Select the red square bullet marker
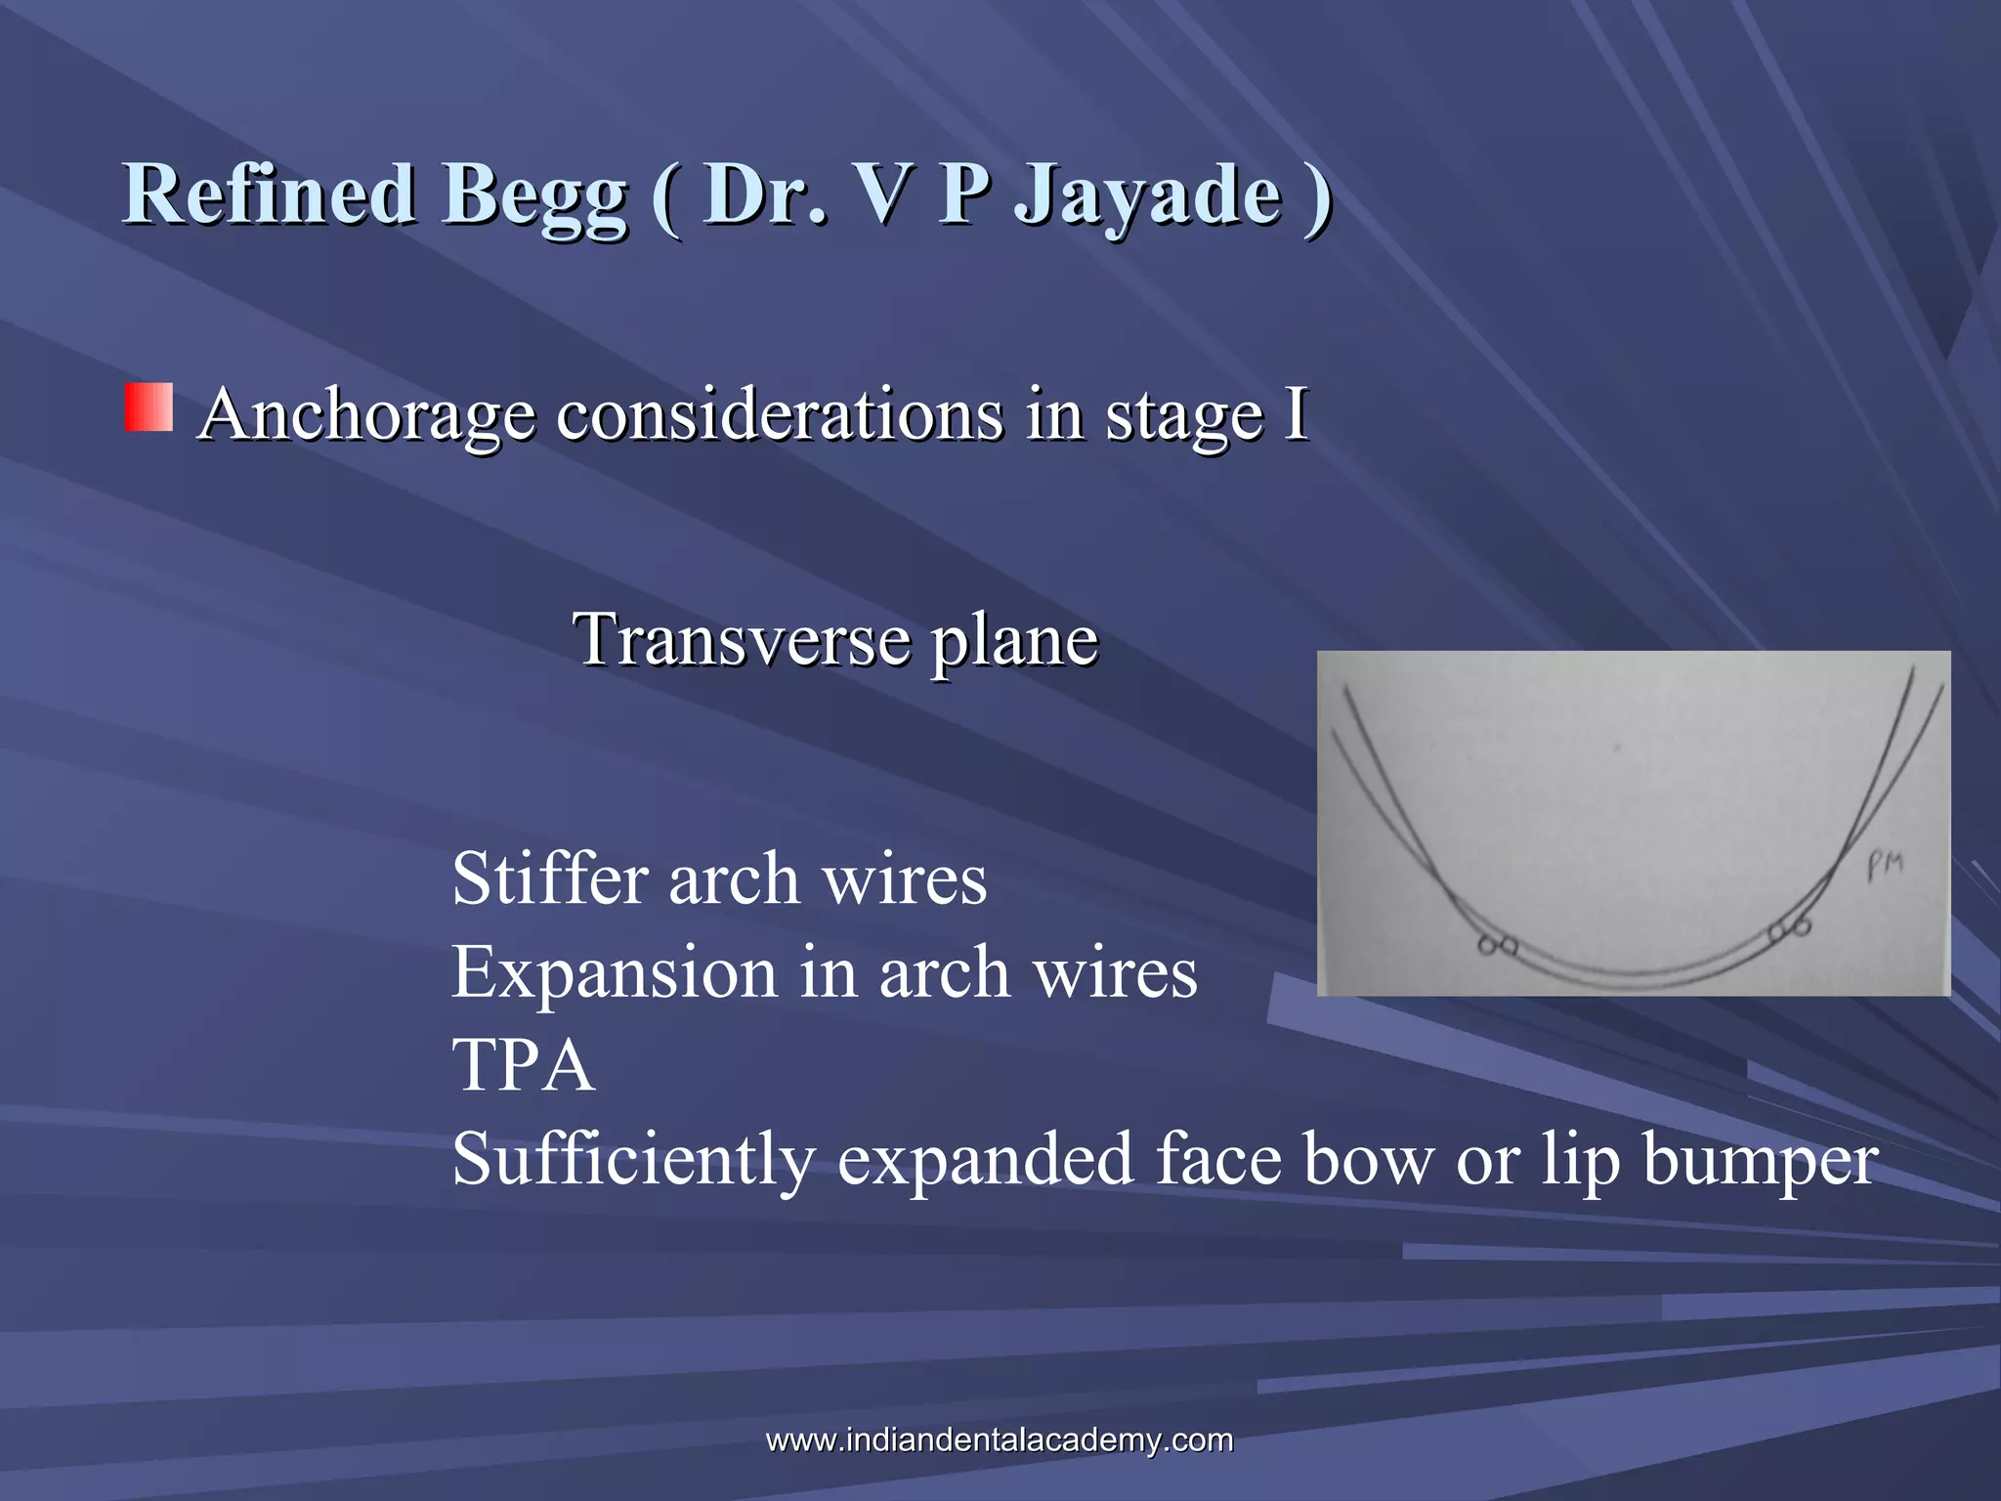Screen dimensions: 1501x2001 [149, 407]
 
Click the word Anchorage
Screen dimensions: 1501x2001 [366, 415]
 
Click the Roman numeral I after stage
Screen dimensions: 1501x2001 [1297, 413]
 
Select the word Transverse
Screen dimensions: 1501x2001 [743, 639]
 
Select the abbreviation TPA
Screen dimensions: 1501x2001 [523, 1064]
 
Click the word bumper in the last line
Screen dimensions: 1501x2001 [1760, 1160]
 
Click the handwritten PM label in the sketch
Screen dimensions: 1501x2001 [1884, 865]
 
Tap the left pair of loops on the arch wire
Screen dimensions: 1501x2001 [1497, 946]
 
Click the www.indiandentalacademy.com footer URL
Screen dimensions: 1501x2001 [999, 1439]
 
